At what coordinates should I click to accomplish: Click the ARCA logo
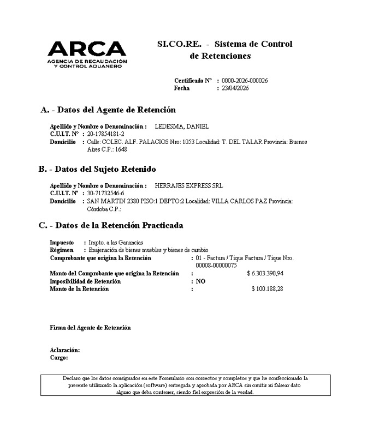point(87,55)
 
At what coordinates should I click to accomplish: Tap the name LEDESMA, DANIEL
point(182,127)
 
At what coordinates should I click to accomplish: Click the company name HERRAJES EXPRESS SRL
point(189,186)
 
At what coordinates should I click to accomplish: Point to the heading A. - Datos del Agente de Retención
point(108,110)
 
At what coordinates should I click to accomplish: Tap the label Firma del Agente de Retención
point(90,328)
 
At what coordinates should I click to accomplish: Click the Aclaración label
point(64,350)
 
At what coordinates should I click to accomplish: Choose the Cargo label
point(58,358)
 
